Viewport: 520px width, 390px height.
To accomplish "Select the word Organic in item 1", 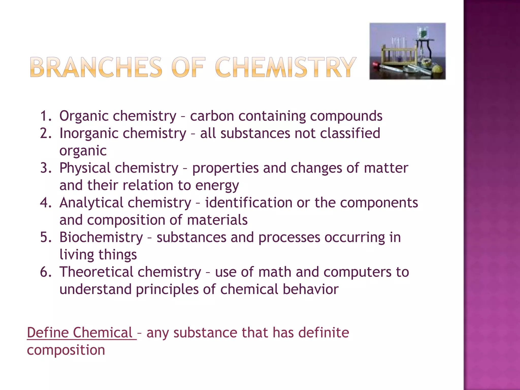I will pyautogui.click(x=84, y=116).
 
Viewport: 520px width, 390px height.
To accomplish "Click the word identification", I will pyautogui.click(x=249, y=203).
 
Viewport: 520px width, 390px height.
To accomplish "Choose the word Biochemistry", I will pyautogui.click(x=101, y=238).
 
